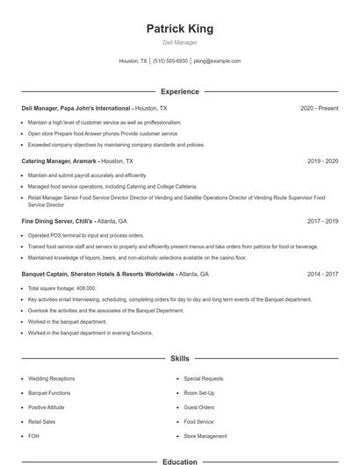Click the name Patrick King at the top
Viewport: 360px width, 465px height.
(179, 28)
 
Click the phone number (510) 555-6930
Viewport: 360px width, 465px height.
(170, 61)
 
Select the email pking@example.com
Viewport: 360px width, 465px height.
(217, 61)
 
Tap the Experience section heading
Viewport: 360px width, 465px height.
(179, 91)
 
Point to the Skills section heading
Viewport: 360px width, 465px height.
(179, 359)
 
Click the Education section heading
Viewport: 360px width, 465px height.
(179, 461)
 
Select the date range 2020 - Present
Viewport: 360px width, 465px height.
(319, 108)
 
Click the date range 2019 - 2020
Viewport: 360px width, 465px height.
(322, 161)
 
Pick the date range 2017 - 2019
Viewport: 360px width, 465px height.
(322, 221)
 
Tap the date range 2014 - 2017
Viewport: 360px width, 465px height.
(322, 274)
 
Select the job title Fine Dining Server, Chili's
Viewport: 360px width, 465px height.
(57, 221)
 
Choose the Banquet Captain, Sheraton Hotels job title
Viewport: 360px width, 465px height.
(97, 274)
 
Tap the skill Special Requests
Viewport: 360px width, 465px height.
(203, 378)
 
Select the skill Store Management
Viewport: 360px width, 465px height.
(205, 435)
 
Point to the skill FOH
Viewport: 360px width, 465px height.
(33, 435)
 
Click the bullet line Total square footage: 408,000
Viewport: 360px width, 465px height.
(61, 288)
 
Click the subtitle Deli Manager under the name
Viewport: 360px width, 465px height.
(179, 42)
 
